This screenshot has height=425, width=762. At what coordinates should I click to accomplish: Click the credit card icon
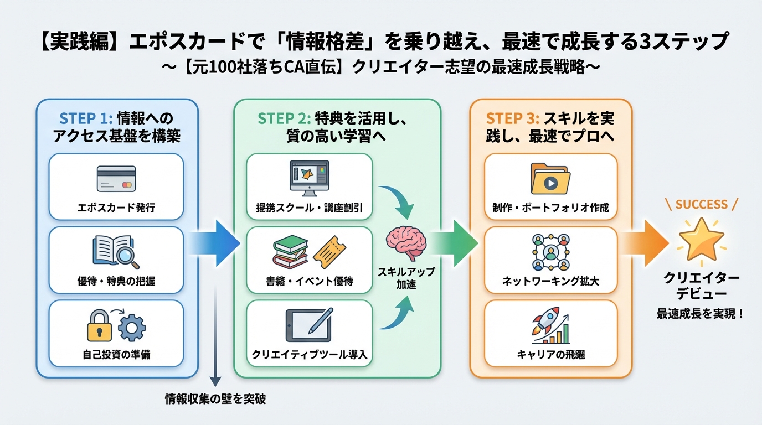click(116, 179)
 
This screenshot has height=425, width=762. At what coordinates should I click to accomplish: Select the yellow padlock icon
click(100, 326)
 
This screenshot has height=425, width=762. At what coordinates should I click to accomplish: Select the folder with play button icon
click(550, 179)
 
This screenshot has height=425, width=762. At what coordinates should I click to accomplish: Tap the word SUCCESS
click(701, 204)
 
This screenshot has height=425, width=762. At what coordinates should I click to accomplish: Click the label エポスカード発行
click(116, 209)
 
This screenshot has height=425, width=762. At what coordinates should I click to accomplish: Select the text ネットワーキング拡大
click(550, 282)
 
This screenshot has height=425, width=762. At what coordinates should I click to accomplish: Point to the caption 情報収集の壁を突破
click(215, 399)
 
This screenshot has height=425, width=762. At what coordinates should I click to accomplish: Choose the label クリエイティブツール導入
click(309, 355)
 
